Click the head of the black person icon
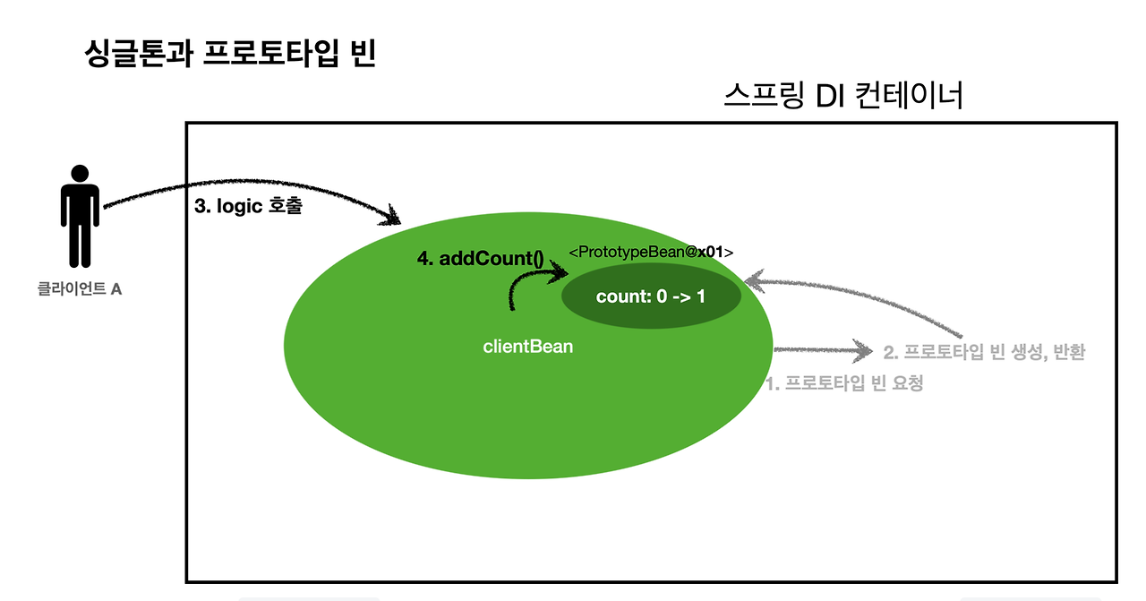pos(80,173)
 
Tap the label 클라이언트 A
pos(80,290)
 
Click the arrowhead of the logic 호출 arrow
pos(392,217)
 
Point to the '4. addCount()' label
pos(481,259)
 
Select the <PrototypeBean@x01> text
pos(651,253)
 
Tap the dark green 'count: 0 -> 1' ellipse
pos(651,296)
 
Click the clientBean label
pos(527,346)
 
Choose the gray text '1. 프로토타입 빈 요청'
pos(844,383)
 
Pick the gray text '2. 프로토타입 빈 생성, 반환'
pos(984,352)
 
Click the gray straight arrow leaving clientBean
pos(819,350)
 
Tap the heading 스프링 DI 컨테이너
pos(842,95)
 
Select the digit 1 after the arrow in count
pos(700,296)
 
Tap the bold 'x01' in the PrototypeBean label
pos(711,253)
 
